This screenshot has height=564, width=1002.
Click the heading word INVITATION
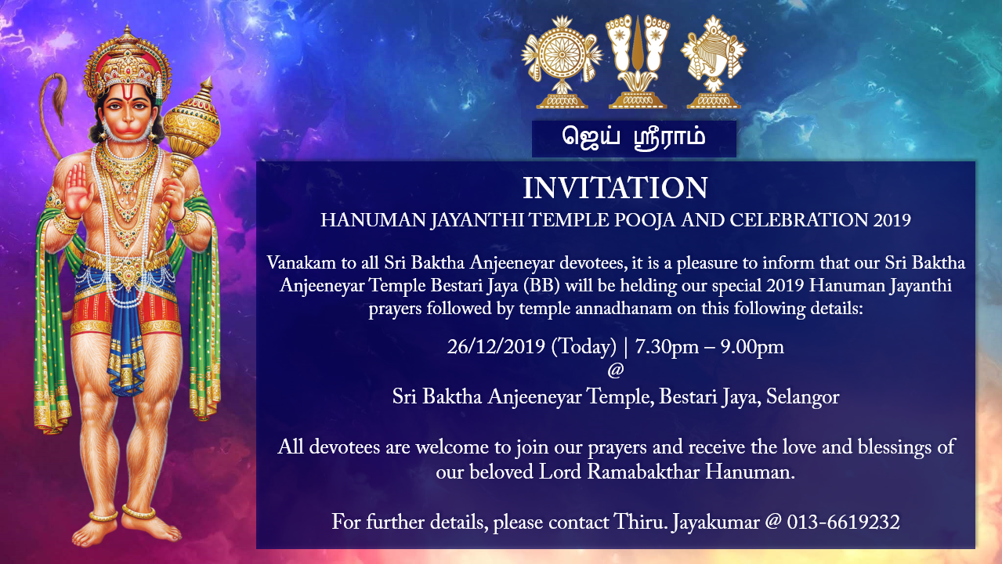tap(615, 189)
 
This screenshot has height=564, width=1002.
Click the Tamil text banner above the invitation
tap(634, 138)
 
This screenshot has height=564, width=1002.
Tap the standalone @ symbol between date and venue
tap(615, 371)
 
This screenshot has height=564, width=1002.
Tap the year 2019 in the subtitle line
tap(892, 220)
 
